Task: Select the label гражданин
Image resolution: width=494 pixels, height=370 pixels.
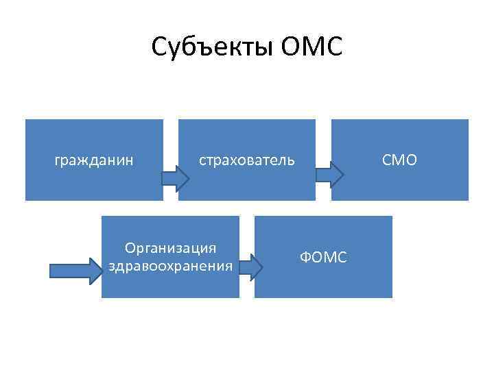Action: [94, 160]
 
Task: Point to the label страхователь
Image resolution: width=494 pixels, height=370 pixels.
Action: [247, 160]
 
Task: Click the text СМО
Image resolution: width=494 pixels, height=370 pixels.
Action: [399, 160]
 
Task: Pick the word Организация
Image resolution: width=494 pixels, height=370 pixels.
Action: [170, 248]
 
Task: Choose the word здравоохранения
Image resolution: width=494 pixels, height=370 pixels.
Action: [170, 264]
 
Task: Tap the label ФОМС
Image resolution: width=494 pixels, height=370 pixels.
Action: [323, 257]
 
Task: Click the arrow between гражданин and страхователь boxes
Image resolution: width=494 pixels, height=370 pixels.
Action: [176, 178]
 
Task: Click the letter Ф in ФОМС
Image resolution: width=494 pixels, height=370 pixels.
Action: [306, 257]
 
